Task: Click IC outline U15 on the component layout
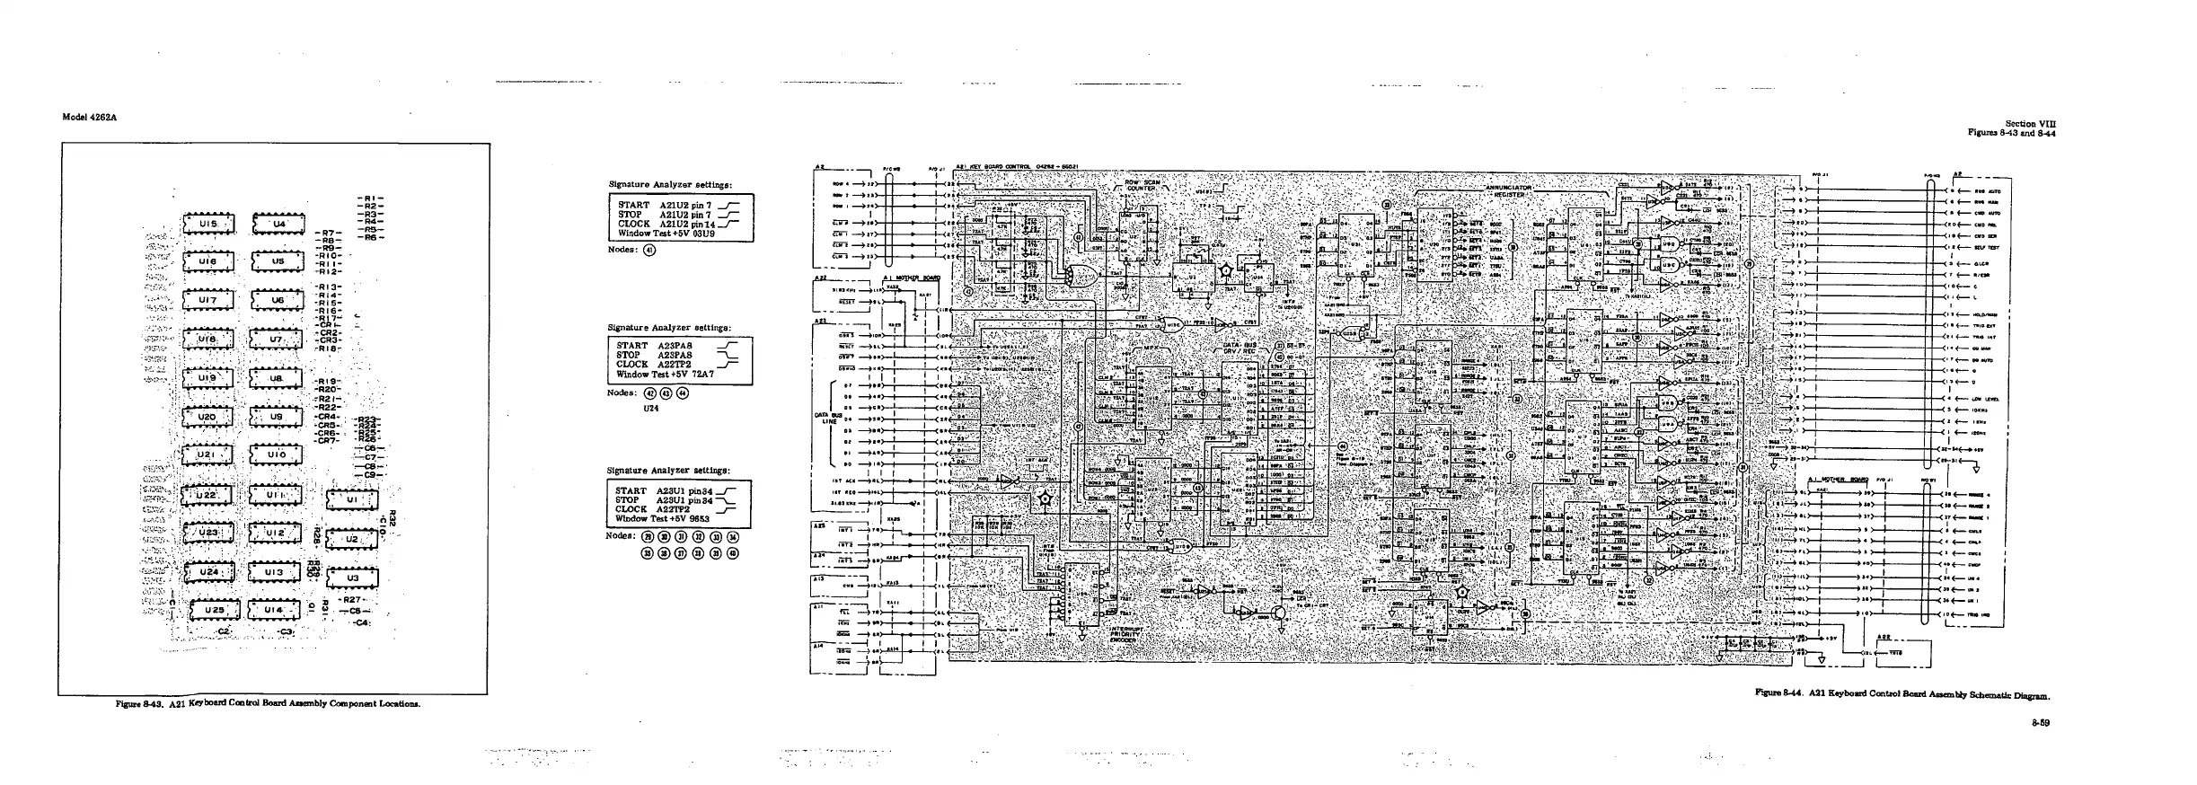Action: pyautogui.click(x=207, y=225)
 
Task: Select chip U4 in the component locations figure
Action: pyautogui.click(x=278, y=225)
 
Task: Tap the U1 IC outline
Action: pyautogui.click(x=351, y=499)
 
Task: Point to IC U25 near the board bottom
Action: pyautogui.click(x=213, y=611)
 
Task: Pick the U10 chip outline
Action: pyautogui.click(x=278, y=455)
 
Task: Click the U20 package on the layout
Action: pyautogui.click(x=207, y=418)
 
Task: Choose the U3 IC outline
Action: pyautogui.click(x=351, y=578)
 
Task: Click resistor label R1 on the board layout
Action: pyautogui.click(x=369, y=198)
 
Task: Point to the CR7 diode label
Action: pyautogui.click(x=326, y=440)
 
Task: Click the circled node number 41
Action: pyautogui.click(x=649, y=250)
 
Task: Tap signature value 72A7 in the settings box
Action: pyautogui.click(x=700, y=375)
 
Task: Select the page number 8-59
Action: pyautogui.click(x=2044, y=722)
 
